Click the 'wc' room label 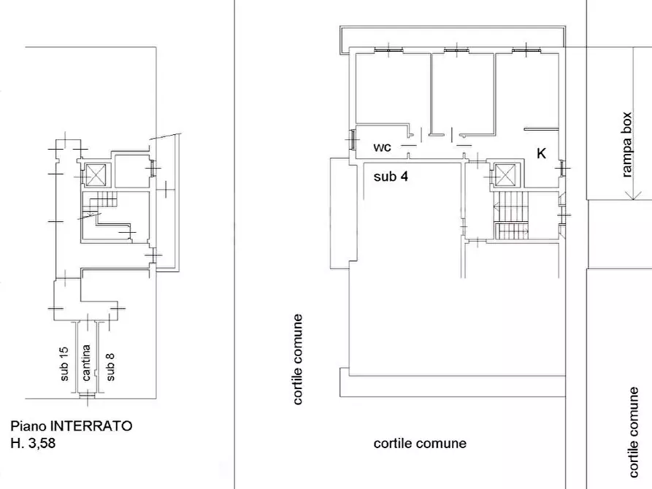tap(382, 147)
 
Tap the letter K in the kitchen tap(541, 153)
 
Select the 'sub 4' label tap(391, 177)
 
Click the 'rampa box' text tap(626, 145)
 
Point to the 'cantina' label tap(86, 363)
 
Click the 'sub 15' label tap(64, 364)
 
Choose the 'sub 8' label tap(110, 366)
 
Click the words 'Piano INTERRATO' tap(71, 426)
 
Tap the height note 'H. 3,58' tap(33, 443)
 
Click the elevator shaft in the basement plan tap(96, 175)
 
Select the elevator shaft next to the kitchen tap(505, 174)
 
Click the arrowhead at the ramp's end tap(633, 194)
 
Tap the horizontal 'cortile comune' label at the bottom tap(420, 443)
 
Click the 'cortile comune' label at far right tap(633, 433)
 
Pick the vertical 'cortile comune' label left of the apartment tap(297, 359)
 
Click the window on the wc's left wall tap(352, 139)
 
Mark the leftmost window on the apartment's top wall tap(388, 50)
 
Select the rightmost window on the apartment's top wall tap(526, 50)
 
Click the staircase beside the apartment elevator tap(510, 215)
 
